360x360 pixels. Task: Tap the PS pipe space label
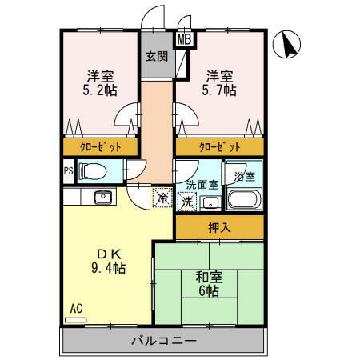(x=68, y=170)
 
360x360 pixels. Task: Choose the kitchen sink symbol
(x=102, y=197)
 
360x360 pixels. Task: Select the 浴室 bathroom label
(x=243, y=176)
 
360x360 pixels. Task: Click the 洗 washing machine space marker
(x=187, y=202)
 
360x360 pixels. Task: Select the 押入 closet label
(x=219, y=228)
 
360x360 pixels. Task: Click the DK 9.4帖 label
(x=110, y=261)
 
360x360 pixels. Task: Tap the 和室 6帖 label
(x=209, y=284)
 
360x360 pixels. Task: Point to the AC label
(x=76, y=309)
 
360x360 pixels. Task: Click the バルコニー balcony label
(x=164, y=342)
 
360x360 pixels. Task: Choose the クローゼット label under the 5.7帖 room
(x=220, y=148)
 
